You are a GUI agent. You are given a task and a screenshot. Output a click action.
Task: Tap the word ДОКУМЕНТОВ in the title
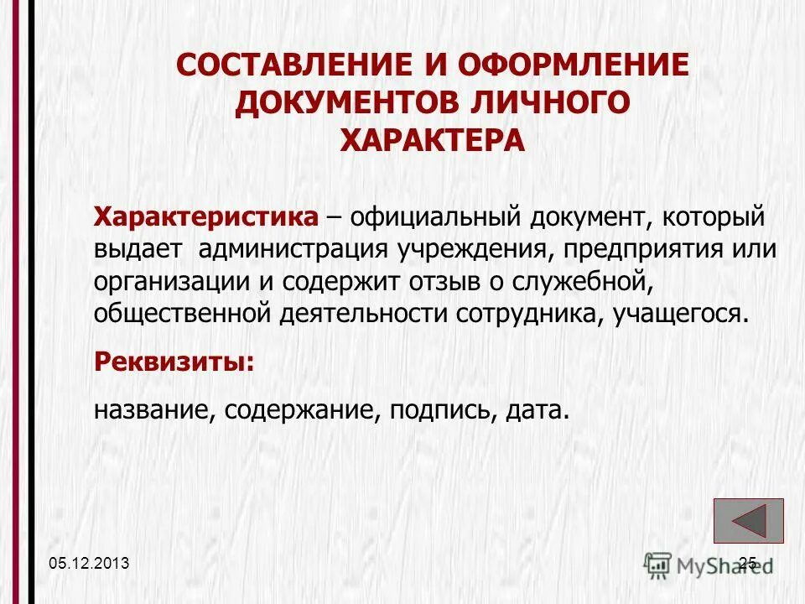(356, 102)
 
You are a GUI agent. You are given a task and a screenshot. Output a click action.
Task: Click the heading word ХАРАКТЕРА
(433, 139)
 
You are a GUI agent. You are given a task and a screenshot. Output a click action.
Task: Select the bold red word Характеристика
(206, 217)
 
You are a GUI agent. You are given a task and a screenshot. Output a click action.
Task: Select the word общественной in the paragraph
(184, 313)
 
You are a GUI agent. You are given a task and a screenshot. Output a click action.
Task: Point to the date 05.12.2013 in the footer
(89, 564)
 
